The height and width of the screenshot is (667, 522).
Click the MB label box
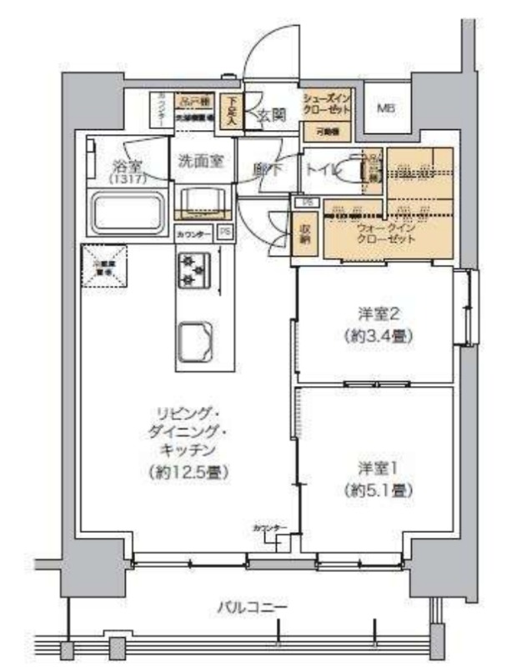[384, 108]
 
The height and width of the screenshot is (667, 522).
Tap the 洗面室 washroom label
[201, 161]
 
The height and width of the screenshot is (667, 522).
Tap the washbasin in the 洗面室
[202, 200]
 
